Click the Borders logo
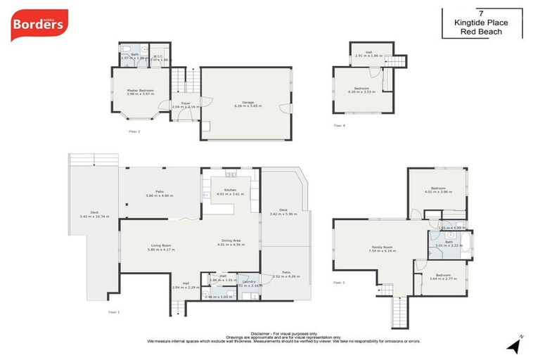[x=39, y=25]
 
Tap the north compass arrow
[x=516, y=345]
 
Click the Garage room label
[x=247, y=103]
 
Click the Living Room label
[x=162, y=245]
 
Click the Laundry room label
[x=247, y=282]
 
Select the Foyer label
[x=186, y=103]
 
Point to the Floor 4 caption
[x=339, y=125]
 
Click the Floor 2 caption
[x=134, y=131]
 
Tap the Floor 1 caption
[x=114, y=311]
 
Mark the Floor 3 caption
[x=339, y=283]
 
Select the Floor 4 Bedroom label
[x=362, y=88]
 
